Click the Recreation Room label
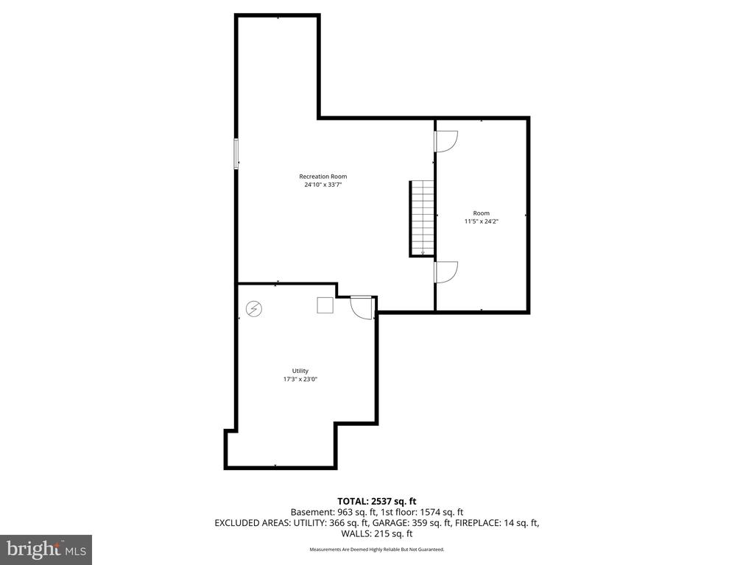click(323, 177)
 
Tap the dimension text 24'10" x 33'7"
click(323, 185)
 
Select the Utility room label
click(300, 371)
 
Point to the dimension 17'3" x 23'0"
click(300, 380)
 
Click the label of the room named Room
click(481, 213)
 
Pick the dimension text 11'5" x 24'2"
click(481, 221)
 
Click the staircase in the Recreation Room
click(422, 218)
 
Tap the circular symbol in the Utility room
click(253, 308)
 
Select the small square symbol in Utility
click(325, 305)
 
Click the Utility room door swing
click(361, 307)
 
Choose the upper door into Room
click(446, 141)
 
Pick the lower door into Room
click(446, 271)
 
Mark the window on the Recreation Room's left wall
click(236, 154)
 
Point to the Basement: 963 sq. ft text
click(329, 512)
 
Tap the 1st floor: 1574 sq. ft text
click(422, 512)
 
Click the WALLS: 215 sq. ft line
click(377, 534)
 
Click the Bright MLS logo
click(46, 549)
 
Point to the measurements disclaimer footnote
click(377, 550)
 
